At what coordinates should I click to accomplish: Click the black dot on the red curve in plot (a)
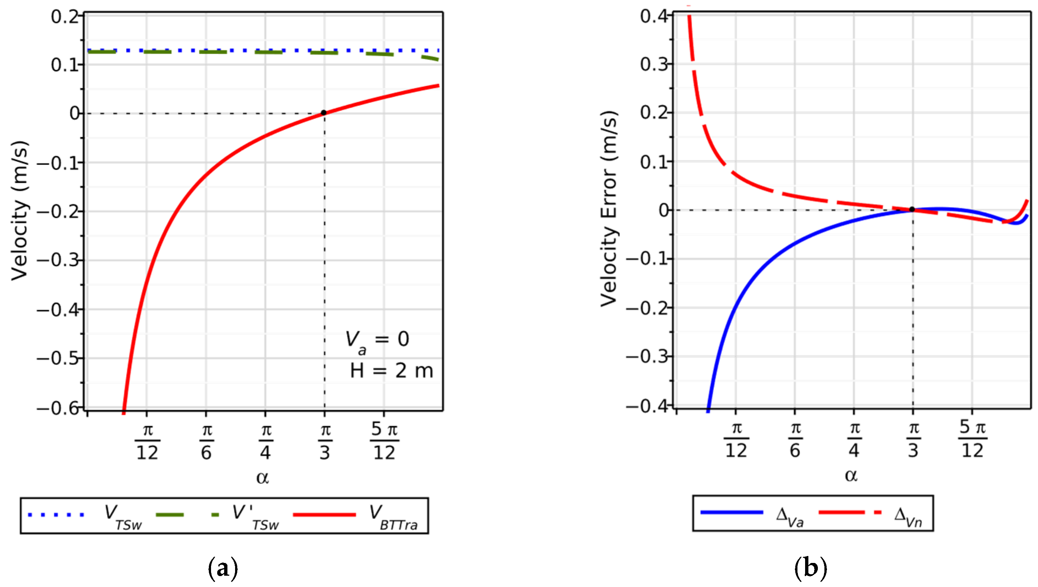pos(324,113)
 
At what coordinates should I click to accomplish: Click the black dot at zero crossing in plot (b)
pos(912,210)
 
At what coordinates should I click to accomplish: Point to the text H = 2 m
pos(391,371)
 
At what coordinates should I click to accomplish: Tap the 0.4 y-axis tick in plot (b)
pos(653,16)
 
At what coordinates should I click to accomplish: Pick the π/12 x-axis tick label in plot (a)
pos(147,442)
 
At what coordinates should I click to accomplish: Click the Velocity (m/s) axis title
pos(19,210)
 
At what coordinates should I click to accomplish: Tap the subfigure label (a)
pos(222,568)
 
